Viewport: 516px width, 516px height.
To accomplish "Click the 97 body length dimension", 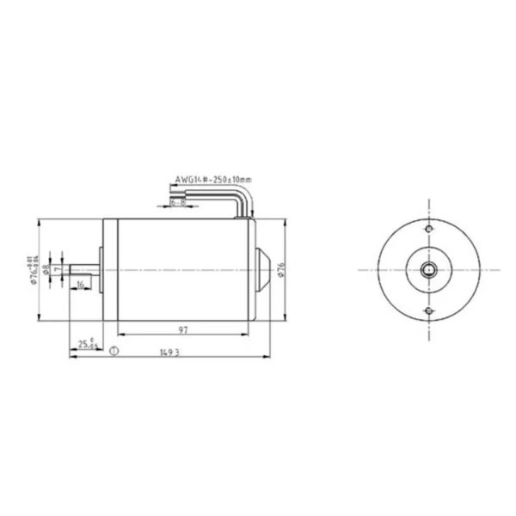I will tap(185, 329).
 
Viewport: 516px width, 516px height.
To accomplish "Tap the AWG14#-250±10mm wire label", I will tap(213, 179).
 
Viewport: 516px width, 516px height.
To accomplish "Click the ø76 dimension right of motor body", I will tap(280, 270).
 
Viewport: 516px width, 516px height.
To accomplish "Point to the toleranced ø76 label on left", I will tap(32, 269).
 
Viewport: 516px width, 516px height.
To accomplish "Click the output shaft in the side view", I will tap(86, 269).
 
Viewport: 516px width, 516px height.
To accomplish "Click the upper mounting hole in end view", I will tap(428, 230).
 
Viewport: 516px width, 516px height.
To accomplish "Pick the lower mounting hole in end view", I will tap(428, 310).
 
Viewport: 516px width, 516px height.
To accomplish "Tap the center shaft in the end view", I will tap(428, 269).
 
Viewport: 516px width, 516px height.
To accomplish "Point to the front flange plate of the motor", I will tap(106, 269).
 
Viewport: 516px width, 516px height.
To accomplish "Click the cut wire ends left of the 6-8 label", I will tap(164, 205).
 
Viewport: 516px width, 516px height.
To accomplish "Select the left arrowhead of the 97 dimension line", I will tap(118, 335).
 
